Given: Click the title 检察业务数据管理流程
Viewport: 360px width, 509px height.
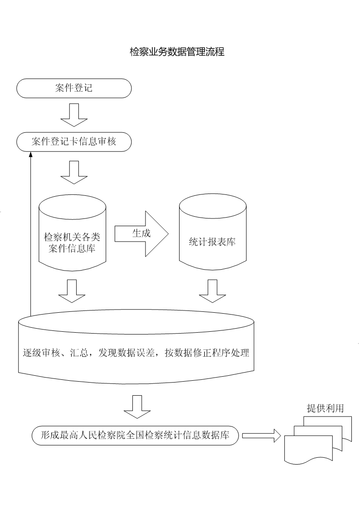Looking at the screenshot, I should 177,52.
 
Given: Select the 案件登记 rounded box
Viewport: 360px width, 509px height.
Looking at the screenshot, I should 74,88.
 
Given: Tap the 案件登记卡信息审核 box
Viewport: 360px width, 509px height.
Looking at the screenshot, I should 74,141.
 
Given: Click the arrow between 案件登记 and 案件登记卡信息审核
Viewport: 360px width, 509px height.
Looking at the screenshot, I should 74,115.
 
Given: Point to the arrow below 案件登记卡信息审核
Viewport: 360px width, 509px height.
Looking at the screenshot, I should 74,172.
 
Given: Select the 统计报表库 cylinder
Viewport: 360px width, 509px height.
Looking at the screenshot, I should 213,236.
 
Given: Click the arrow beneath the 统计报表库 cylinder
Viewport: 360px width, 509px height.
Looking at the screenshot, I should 212,291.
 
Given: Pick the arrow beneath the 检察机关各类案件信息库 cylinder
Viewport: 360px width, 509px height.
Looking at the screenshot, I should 72,291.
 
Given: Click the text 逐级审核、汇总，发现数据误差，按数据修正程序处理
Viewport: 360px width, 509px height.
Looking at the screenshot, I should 136,353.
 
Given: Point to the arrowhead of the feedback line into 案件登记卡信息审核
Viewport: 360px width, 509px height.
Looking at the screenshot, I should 30,155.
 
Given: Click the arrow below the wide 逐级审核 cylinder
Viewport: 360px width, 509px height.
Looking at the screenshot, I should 137,407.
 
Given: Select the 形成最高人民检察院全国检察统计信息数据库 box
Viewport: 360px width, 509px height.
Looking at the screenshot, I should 135,436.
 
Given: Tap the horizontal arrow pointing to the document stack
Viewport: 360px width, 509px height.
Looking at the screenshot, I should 262,436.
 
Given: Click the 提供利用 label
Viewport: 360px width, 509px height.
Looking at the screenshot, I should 325,408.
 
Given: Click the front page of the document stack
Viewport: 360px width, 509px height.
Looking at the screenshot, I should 308,449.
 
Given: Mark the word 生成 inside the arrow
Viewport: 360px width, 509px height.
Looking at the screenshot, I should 141,233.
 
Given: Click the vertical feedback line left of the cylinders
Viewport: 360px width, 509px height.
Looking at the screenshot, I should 30,236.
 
